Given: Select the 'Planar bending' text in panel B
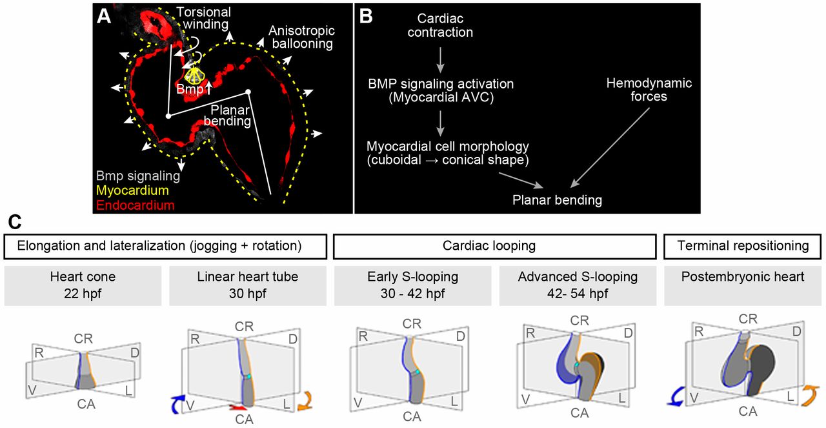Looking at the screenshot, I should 556,200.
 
